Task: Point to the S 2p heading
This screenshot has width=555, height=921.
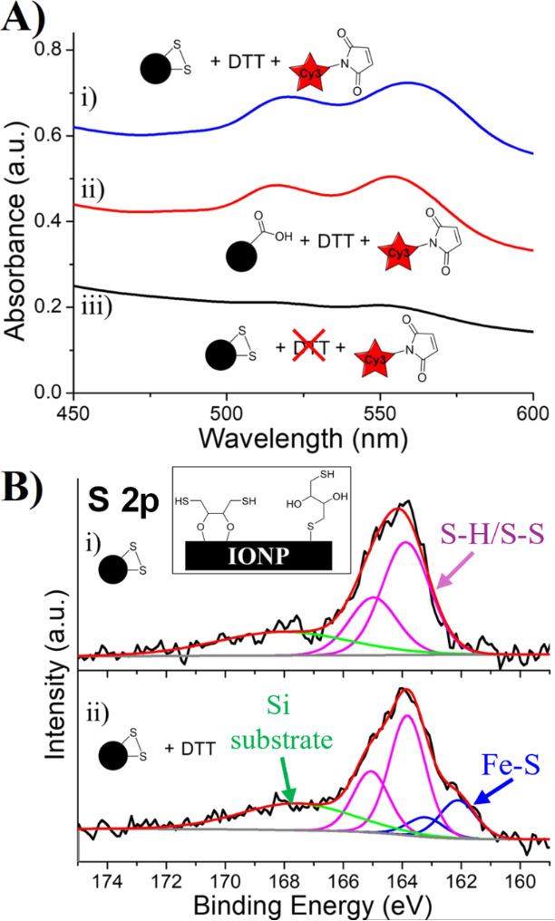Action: (x=123, y=499)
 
